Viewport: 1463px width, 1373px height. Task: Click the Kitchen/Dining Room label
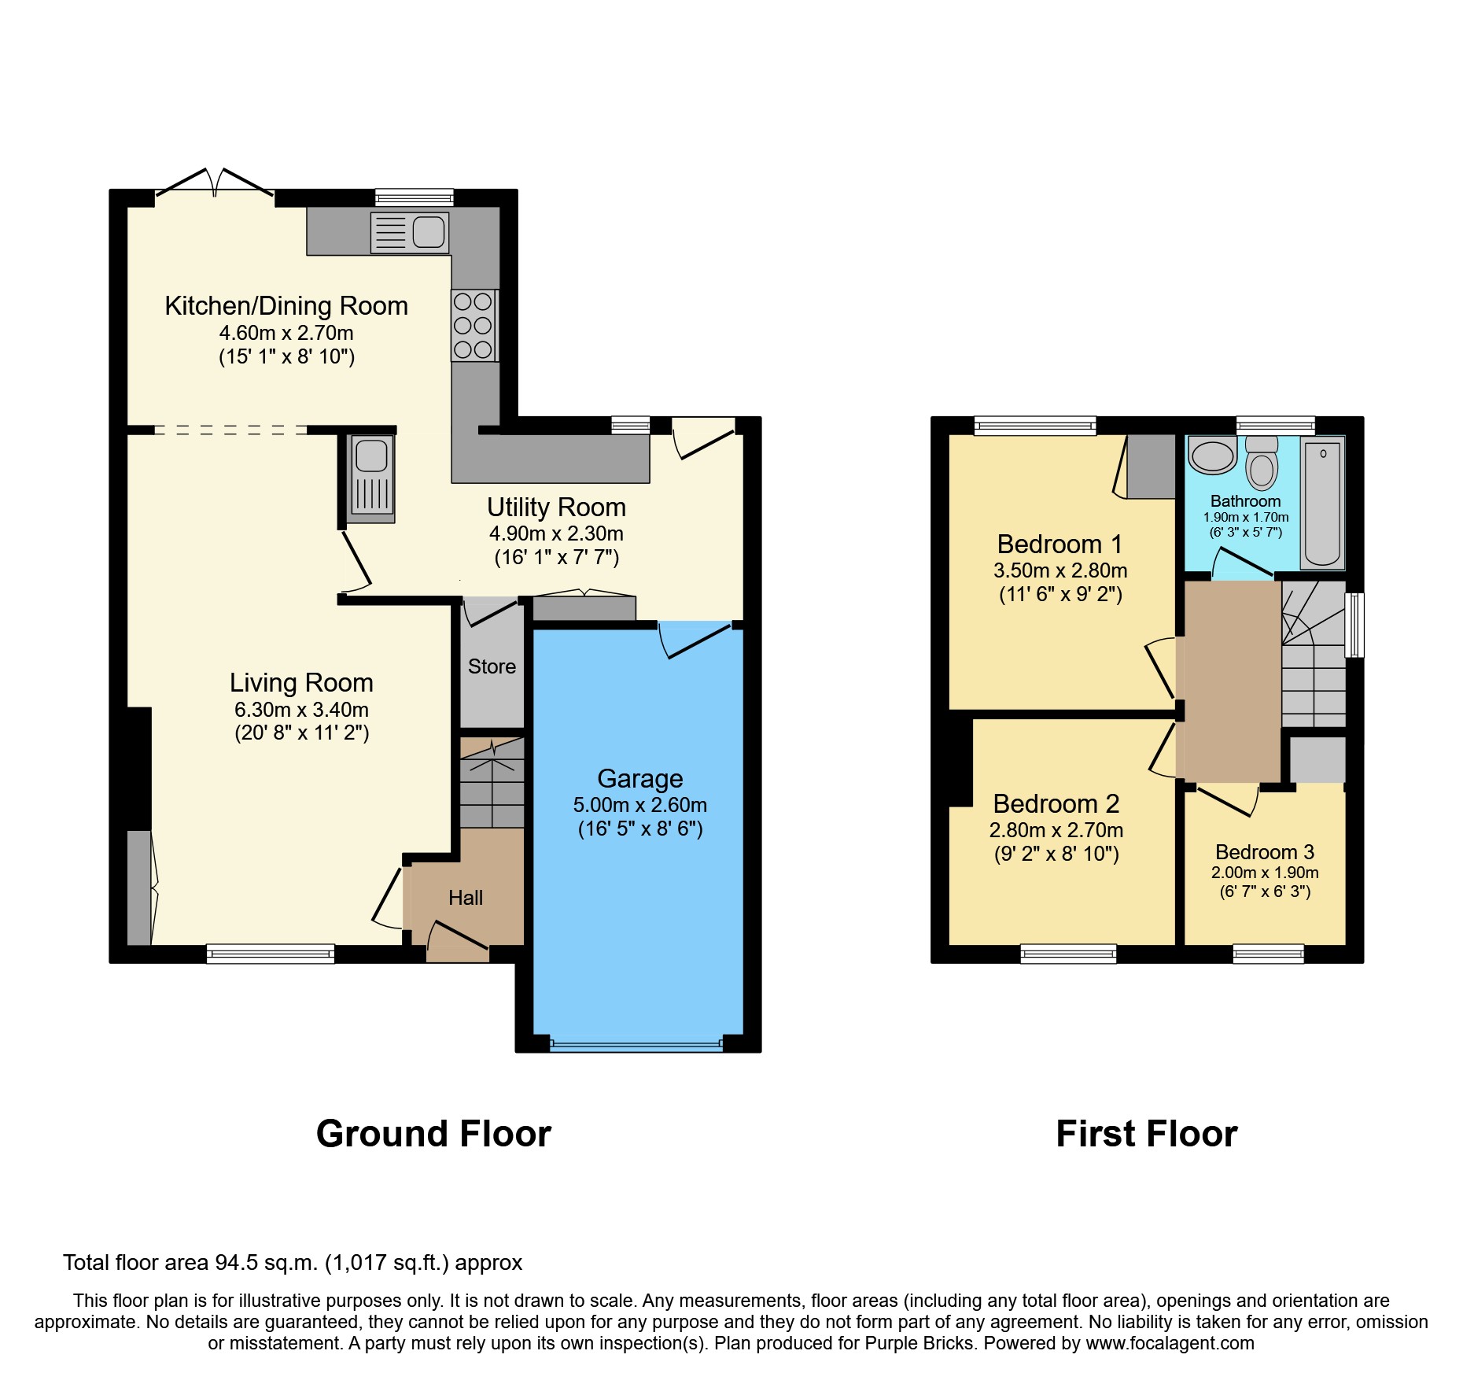pyautogui.click(x=286, y=306)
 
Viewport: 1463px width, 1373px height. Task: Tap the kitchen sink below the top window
pyautogui.click(x=410, y=233)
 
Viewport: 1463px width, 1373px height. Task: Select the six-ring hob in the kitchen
pyautogui.click(x=474, y=326)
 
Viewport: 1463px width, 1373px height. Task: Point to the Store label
pyautogui.click(x=492, y=666)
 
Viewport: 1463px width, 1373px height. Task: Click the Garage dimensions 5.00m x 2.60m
pyautogui.click(x=639, y=805)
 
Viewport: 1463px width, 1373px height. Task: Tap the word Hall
pyautogui.click(x=466, y=898)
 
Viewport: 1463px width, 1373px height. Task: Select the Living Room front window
pyautogui.click(x=271, y=954)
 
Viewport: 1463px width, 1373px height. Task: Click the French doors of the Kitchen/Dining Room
pyautogui.click(x=215, y=185)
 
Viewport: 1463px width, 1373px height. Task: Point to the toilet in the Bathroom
pyautogui.click(x=1262, y=464)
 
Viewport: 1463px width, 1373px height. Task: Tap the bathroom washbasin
pyautogui.click(x=1212, y=456)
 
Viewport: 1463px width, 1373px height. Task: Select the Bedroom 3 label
pyautogui.click(x=1265, y=852)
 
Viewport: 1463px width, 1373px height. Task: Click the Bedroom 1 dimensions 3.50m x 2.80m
pyautogui.click(x=1060, y=570)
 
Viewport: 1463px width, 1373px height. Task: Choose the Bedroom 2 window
pyautogui.click(x=1068, y=954)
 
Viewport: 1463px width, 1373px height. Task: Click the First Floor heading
pyautogui.click(x=1146, y=1134)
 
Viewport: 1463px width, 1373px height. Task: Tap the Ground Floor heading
pyautogui.click(x=433, y=1134)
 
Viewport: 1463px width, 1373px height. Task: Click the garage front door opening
pyautogui.click(x=636, y=1044)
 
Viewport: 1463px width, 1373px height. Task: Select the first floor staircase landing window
pyautogui.click(x=1354, y=625)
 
